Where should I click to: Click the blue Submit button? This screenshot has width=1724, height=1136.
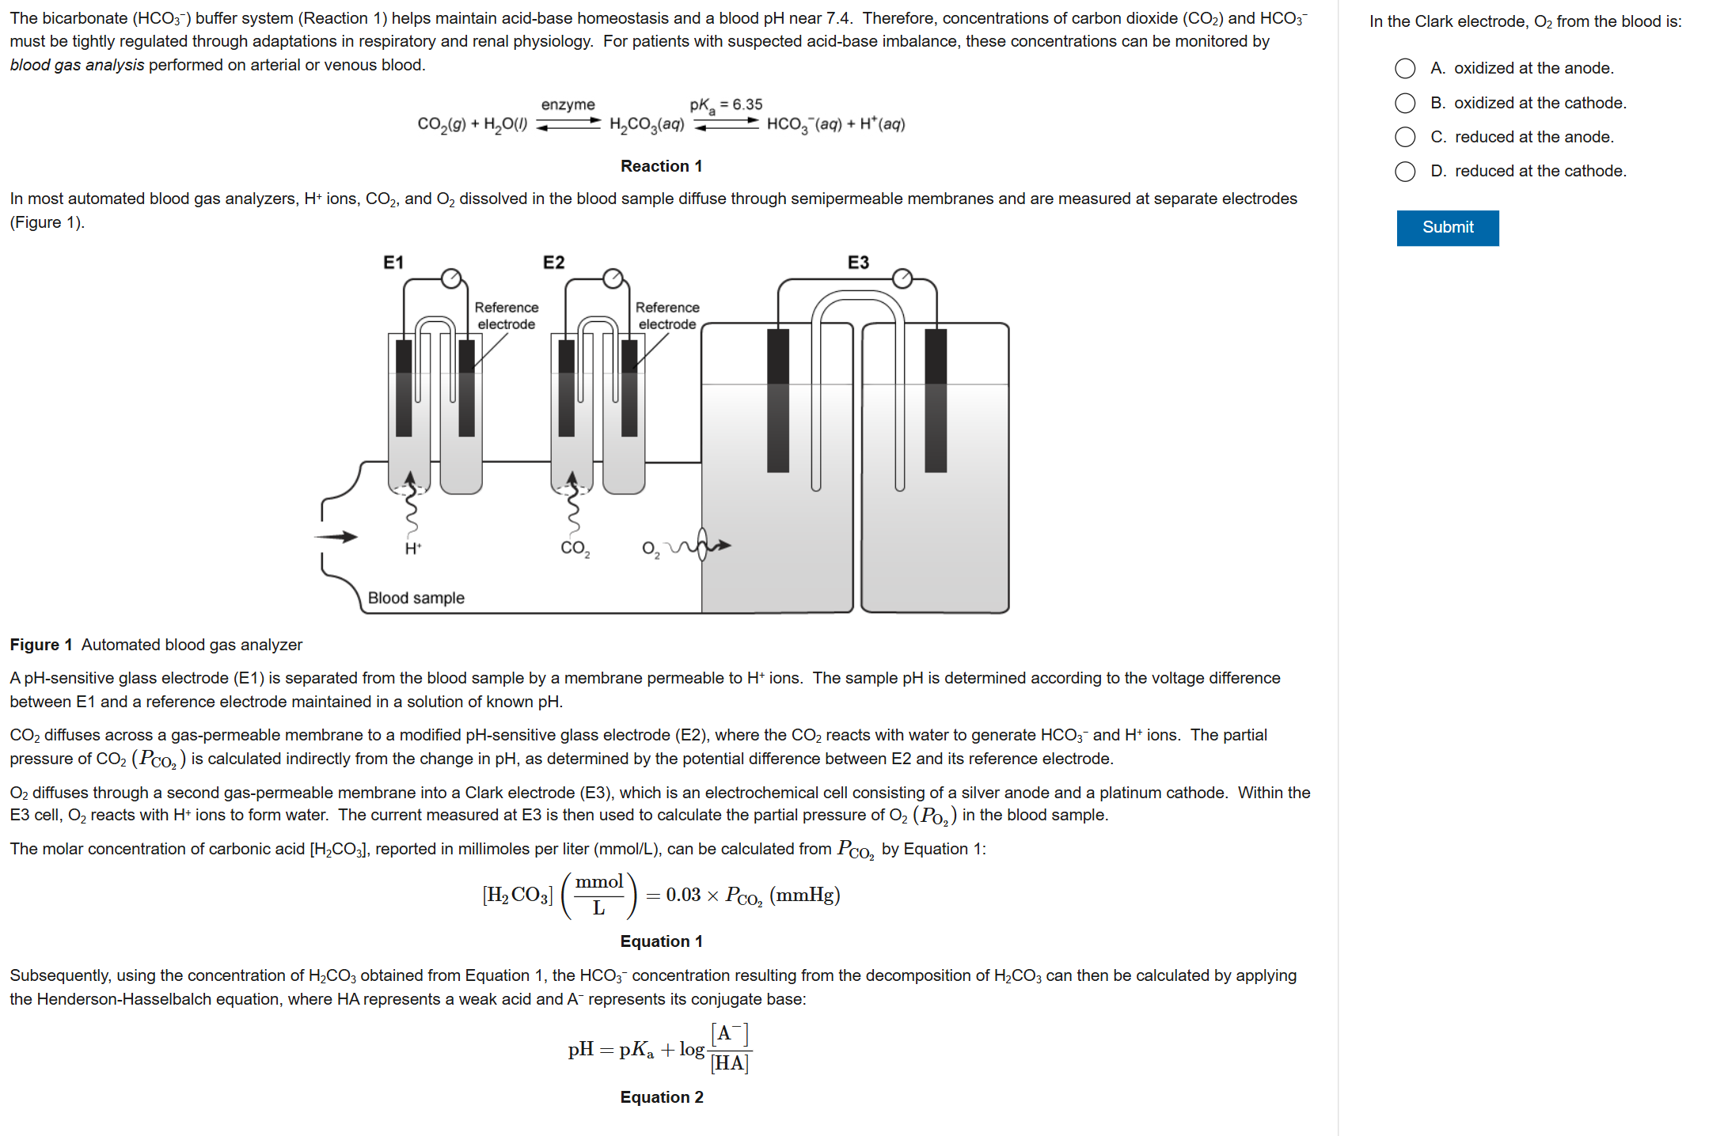pos(1447,228)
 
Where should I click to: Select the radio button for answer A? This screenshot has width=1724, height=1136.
pos(1405,69)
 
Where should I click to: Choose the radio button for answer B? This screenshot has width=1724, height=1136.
pos(1405,103)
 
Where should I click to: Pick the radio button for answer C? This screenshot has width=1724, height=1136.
pos(1405,137)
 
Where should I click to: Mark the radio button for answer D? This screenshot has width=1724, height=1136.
pos(1405,172)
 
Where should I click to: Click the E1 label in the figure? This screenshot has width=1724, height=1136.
pos(393,263)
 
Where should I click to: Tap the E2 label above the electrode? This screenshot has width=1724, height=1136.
pos(553,263)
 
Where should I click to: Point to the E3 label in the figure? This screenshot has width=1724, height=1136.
pos(858,263)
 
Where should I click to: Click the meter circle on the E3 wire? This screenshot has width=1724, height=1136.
pos(902,278)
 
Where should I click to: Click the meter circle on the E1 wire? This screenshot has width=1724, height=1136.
pos(451,278)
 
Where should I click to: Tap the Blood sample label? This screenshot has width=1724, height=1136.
pos(416,598)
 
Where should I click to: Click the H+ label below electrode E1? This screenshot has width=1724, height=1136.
pos(412,548)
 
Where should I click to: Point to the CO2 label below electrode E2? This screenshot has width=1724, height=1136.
pos(575,548)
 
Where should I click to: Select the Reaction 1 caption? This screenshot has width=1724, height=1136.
pos(661,166)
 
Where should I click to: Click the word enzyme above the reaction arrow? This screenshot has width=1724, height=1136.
pos(568,104)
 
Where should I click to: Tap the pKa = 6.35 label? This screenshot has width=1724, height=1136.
pos(725,104)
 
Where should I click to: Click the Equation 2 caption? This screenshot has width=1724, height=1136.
pos(661,1097)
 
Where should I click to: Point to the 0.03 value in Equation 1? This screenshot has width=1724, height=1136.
pos(683,895)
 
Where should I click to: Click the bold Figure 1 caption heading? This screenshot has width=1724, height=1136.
pos(41,645)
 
